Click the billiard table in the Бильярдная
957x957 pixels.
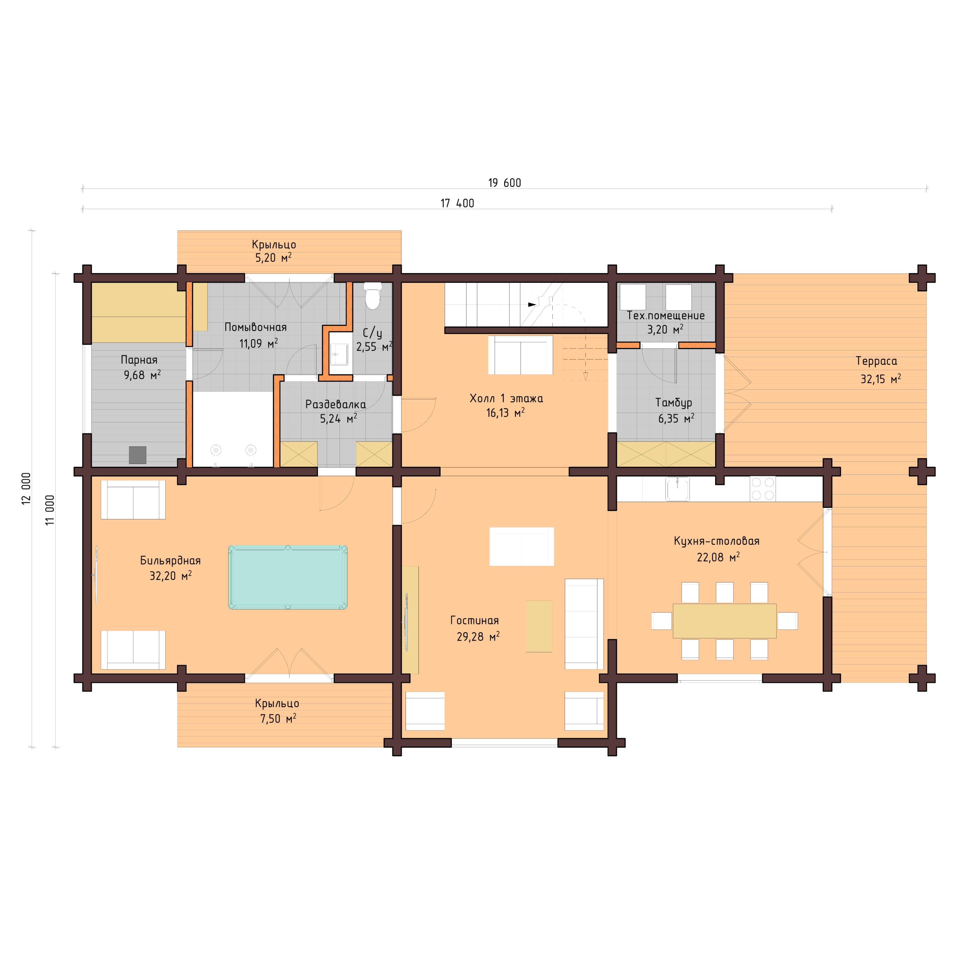(287, 577)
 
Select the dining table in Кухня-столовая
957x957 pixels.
(724, 621)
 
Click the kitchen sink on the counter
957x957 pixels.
(677, 489)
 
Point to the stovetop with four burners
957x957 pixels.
(762, 489)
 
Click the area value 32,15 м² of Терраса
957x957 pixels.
(880, 379)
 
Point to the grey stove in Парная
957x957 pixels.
(138, 455)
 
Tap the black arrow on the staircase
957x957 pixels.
(532, 304)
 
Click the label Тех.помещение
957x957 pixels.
(665, 316)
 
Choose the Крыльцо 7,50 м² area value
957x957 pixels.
(278, 719)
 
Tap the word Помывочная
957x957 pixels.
(255, 327)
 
